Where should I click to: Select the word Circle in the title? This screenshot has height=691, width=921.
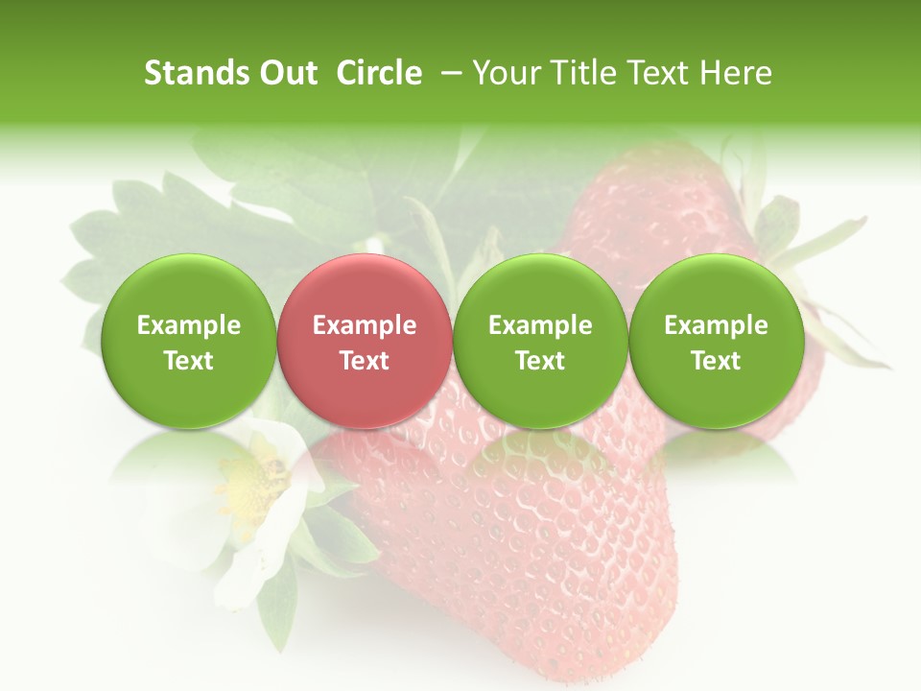(x=379, y=73)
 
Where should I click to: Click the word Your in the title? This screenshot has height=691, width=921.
(x=503, y=73)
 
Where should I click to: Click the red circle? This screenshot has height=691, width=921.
(x=364, y=341)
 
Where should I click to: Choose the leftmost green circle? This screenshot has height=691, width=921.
(x=188, y=341)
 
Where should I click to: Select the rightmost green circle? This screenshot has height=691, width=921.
(x=716, y=341)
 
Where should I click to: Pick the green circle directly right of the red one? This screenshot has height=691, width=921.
(x=540, y=341)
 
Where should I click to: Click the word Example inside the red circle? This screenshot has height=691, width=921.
(x=365, y=325)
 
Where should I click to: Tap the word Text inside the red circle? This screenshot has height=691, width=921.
(x=365, y=361)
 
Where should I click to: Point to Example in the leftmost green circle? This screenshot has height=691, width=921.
(x=188, y=325)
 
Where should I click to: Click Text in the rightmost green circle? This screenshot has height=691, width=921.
(x=716, y=361)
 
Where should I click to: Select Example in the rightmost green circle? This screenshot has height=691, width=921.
(x=716, y=325)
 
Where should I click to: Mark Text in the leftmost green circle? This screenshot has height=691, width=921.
(x=188, y=361)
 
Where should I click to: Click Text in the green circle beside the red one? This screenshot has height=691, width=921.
(x=540, y=361)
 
